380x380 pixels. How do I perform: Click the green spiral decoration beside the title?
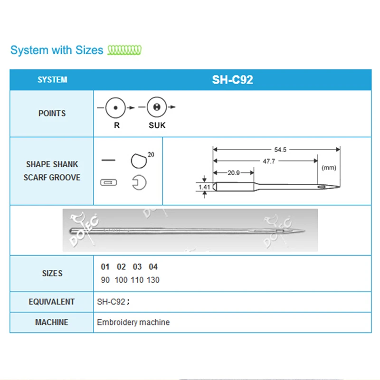click(x=124, y=49)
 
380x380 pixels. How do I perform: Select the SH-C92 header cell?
click(x=232, y=80)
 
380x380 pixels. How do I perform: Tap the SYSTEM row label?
click(x=52, y=80)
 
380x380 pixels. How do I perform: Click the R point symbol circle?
click(x=115, y=108)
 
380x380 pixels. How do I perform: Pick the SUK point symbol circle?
click(x=156, y=108)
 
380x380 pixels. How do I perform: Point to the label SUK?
click(x=157, y=126)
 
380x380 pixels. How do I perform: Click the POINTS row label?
click(x=52, y=114)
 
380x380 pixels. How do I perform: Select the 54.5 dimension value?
click(x=280, y=150)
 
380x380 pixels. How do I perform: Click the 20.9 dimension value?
click(x=233, y=173)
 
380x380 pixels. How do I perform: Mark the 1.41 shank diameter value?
click(x=204, y=187)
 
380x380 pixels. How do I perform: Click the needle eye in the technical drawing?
click(x=323, y=187)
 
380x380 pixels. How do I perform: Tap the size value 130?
click(x=153, y=280)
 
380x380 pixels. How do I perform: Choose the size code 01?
click(x=105, y=267)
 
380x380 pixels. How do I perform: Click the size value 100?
click(x=121, y=280)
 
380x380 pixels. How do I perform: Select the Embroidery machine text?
click(x=133, y=322)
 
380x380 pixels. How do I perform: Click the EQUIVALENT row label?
click(x=52, y=302)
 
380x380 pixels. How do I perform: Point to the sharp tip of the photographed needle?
click(x=304, y=232)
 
